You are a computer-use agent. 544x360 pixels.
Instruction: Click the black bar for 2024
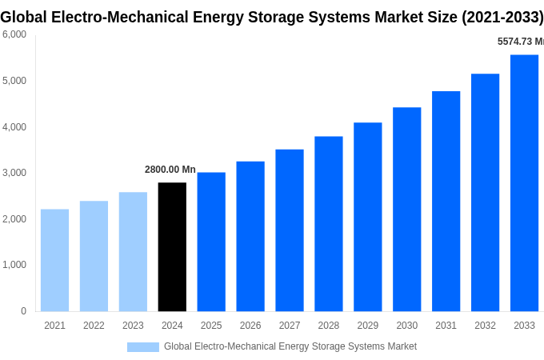172,246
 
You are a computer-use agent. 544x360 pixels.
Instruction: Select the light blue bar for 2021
54,260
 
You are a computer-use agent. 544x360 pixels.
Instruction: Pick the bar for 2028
328,223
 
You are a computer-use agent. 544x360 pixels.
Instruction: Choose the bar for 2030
406,209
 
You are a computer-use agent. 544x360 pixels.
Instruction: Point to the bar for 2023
133,251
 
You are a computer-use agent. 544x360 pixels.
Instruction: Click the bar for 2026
250,236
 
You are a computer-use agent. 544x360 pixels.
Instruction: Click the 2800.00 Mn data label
170,170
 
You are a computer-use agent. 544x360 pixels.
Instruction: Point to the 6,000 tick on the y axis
14,34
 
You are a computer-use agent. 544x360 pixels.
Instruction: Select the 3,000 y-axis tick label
14,173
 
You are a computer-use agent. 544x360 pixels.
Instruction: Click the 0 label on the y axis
23,311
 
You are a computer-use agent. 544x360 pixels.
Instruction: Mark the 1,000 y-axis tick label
14,265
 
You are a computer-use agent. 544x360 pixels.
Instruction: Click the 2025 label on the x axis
211,326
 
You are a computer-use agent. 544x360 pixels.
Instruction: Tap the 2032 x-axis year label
485,326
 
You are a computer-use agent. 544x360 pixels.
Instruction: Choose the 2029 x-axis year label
367,326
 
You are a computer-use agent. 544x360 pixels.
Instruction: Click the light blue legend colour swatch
143,347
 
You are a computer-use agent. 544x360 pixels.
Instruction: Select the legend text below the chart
290,346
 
